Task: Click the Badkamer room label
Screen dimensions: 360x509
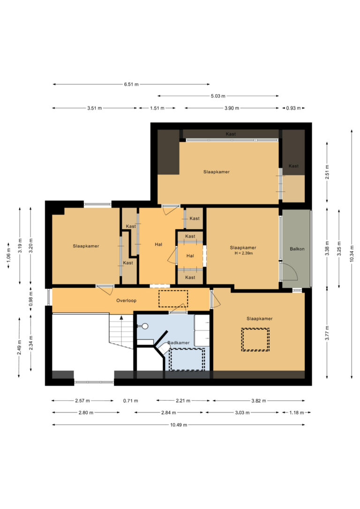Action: coord(178,343)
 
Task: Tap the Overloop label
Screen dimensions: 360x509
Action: coord(126,300)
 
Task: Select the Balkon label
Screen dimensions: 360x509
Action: coord(297,249)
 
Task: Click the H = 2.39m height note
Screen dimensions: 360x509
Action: coord(243,253)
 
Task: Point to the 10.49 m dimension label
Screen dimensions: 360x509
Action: coord(179,425)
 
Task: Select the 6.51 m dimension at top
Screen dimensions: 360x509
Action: coord(131,84)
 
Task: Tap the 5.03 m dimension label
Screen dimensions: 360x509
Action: coord(218,96)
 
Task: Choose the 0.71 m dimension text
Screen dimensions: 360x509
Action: coord(130,401)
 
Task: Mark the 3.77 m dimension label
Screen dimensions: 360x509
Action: coord(327,333)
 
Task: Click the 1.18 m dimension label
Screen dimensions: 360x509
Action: coord(296,412)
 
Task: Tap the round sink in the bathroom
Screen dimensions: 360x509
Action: coord(145,326)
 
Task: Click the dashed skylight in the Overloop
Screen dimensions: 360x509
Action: coord(173,299)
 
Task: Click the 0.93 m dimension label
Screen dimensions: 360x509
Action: coord(293,108)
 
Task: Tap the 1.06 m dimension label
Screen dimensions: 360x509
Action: coord(8,254)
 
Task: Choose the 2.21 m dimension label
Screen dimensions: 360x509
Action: coord(183,401)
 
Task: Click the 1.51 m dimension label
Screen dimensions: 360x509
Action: coord(157,108)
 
